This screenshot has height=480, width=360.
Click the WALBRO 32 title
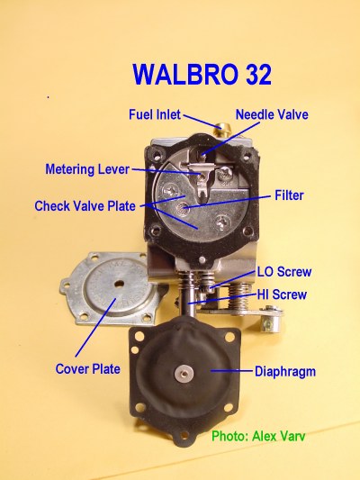click(202, 75)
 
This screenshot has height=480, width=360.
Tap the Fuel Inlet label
click(155, 114)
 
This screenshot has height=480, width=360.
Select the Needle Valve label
click(272, 114)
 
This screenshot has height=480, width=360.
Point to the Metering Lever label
click(87, 169)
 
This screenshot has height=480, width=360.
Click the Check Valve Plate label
click(85, 205)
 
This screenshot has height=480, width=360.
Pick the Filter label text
click(289, 195)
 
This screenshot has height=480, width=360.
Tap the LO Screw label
click(284, 272)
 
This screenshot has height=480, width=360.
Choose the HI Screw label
click(282, 294)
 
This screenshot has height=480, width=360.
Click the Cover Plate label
click(88, 369)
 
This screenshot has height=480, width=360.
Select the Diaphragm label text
click(285, 372)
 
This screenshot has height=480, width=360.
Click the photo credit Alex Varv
click(258, 436)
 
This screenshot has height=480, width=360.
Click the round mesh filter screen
click(183, 209)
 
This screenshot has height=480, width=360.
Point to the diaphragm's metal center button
click(184, 373)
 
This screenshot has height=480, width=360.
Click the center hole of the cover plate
click(119, 285)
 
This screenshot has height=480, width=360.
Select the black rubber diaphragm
click(185, 377)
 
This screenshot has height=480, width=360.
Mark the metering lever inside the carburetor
click(201, 180)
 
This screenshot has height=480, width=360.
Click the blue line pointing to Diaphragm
click(232, 371)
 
